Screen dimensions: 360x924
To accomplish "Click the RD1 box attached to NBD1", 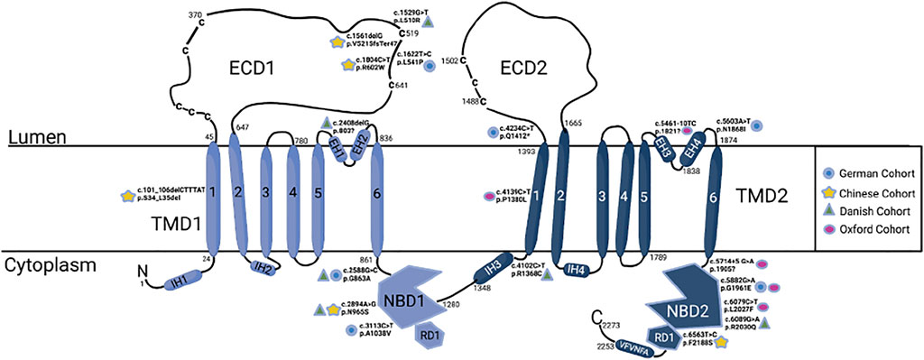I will point(427,335).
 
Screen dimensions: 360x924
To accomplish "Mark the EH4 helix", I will point(693,145).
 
